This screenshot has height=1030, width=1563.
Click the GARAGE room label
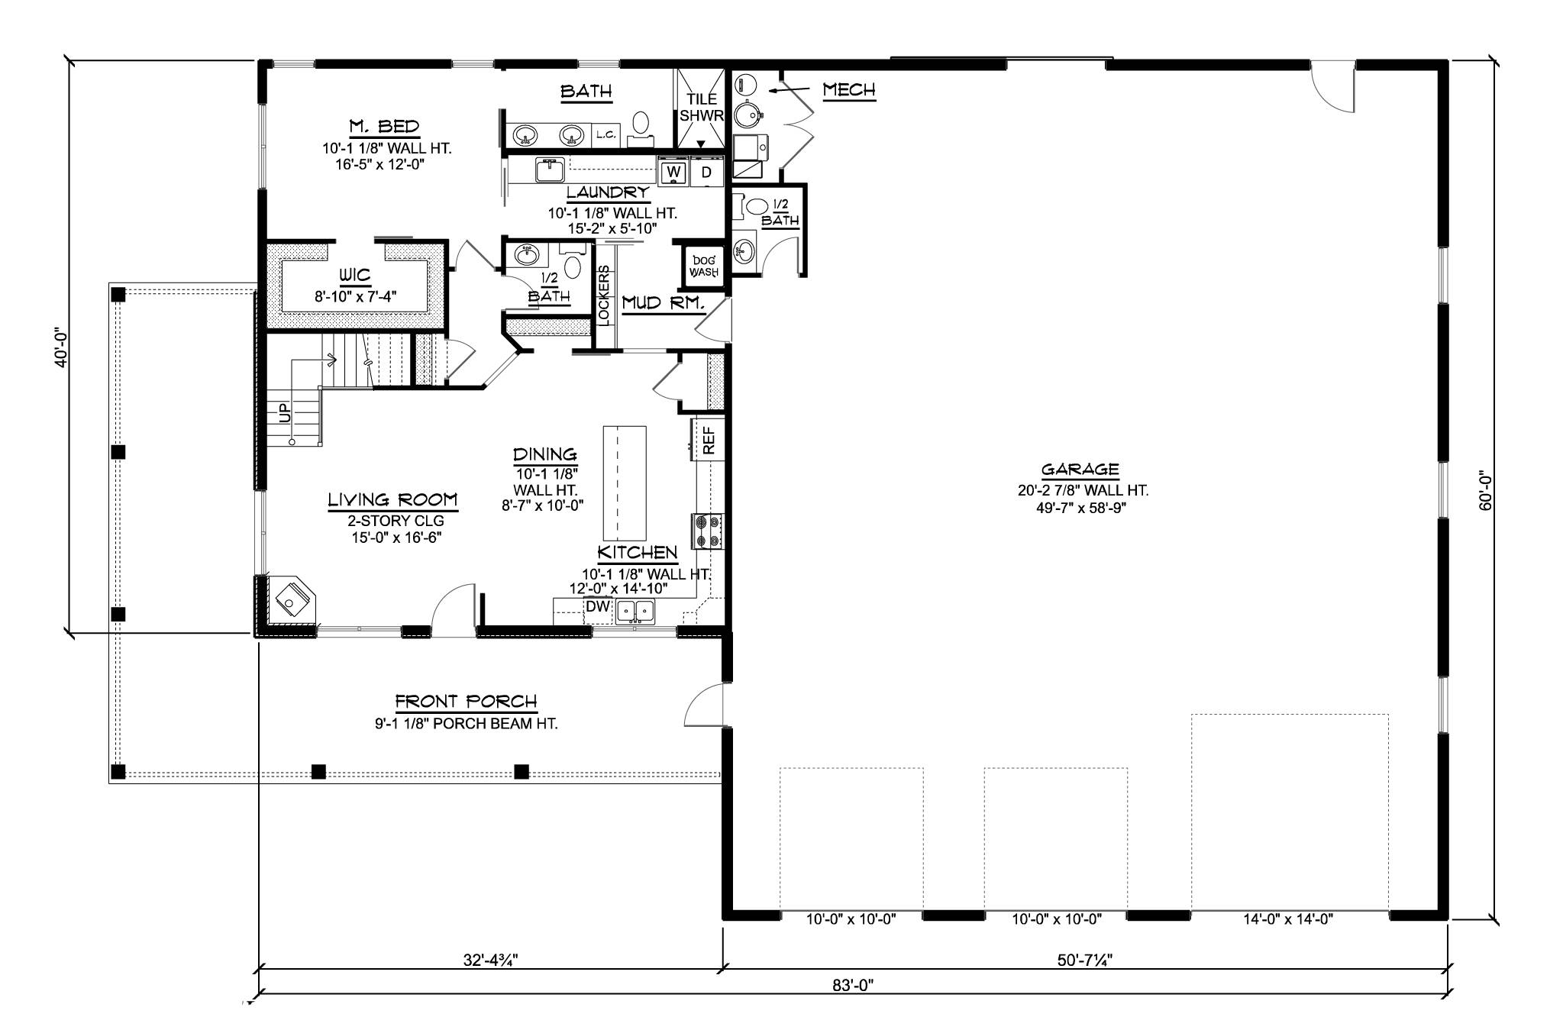[1080, 470]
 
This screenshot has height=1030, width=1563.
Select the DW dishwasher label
[597, 606]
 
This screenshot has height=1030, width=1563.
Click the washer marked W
[673, 172]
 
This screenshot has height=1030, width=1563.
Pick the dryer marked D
[706, 172]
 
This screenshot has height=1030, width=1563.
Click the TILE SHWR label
[702, 107]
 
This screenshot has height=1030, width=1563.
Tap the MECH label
[848, 90]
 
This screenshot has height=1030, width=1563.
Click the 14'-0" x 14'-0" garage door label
[1288, 919]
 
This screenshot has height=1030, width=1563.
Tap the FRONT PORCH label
[466, 701]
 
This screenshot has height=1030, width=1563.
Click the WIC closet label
[354, 275]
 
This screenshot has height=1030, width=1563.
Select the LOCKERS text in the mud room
[604, 295]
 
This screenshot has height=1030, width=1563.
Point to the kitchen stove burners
[707, 531]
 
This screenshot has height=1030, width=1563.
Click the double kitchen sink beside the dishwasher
[635, 611]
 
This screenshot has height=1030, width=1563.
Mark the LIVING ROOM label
[393, 500]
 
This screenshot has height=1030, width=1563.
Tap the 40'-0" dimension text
[62, 347]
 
